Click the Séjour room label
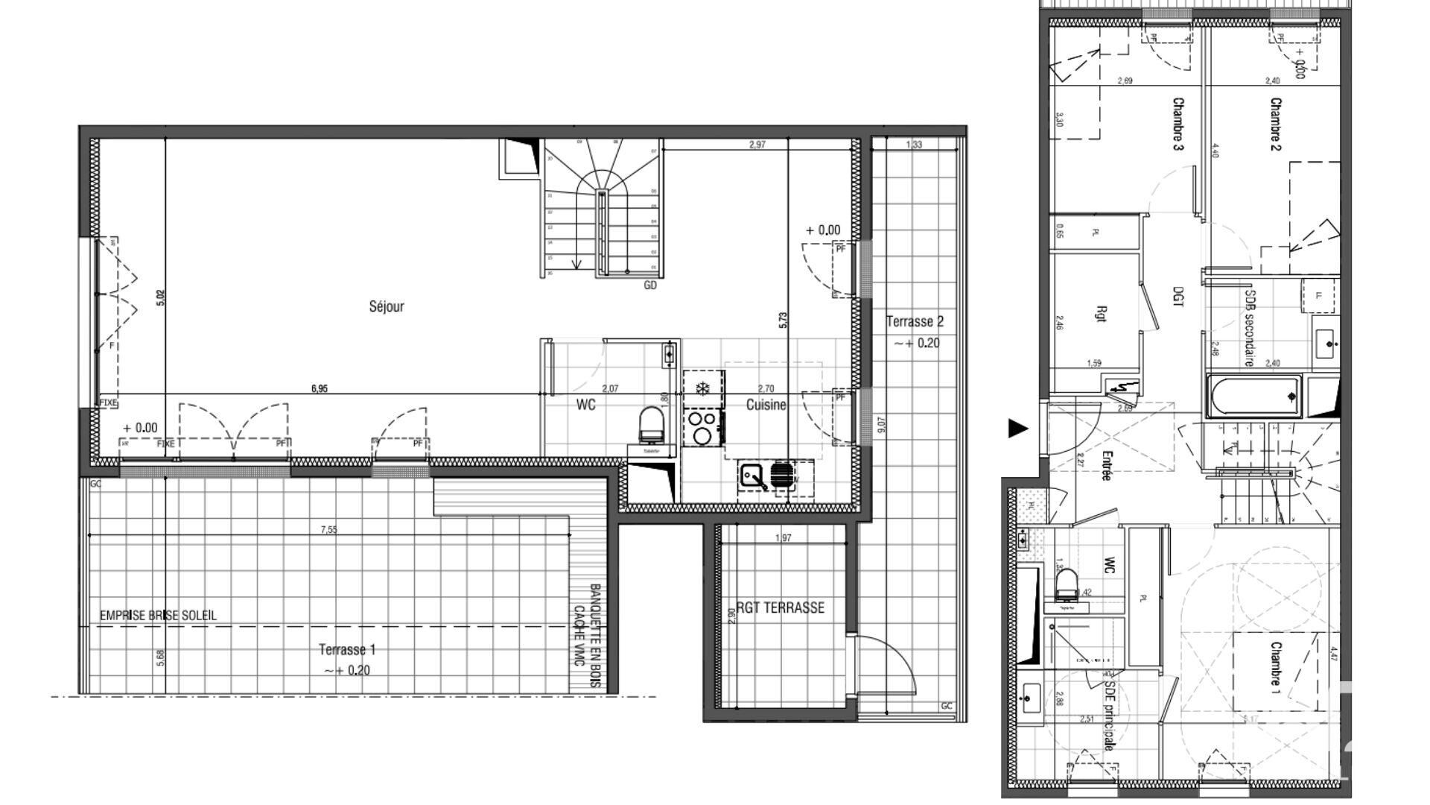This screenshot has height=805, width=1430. click(387, 306)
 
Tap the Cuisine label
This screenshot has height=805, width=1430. click(766, 405)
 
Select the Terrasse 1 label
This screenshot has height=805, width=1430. click(347, 650)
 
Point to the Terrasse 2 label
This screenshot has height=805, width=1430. click(915, 322)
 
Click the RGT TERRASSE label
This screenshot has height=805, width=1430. click(781, 607)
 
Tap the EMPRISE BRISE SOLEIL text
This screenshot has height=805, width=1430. click(159, 616)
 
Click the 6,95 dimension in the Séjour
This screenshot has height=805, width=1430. click(319, 388)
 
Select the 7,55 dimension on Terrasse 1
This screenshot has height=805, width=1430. click(328, 530)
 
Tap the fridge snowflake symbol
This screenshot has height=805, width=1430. click(701, 388)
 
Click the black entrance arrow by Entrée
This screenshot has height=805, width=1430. click(1017, 429)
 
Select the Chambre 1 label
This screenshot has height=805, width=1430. click(1276, 668)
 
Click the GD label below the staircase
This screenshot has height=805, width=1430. click(650, 285)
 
